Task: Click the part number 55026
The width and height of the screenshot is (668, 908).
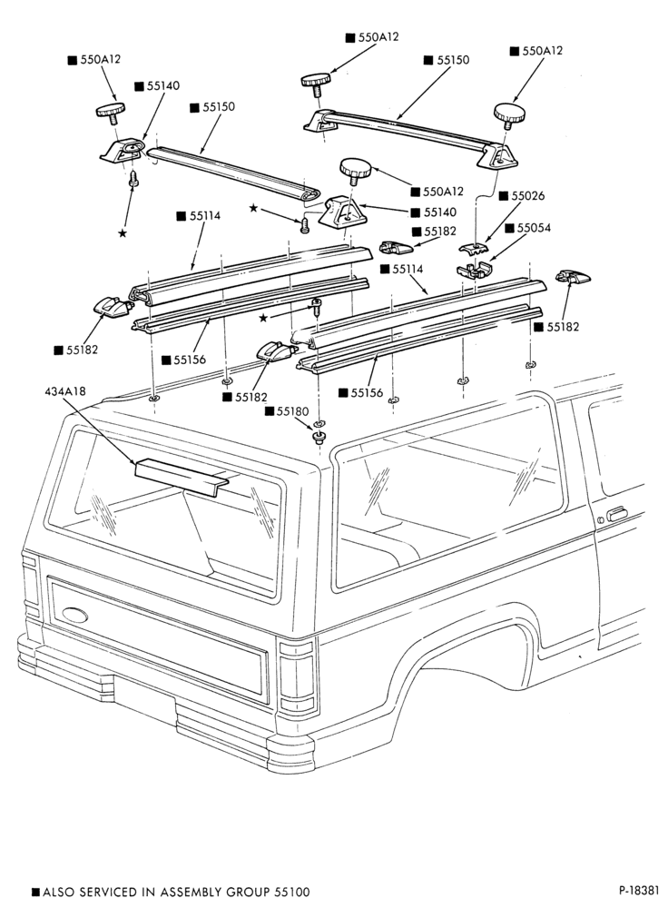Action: pyautogui.click(x=527, y=196)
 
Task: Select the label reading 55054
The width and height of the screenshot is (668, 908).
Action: pyautogui.click(x=534, y=228)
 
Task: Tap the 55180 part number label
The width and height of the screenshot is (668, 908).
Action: pyautogui.click(x=292, y=411)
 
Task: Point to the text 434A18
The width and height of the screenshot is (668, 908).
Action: pyautogui.click(x=64, y=391)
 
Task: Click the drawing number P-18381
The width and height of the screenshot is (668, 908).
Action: pyautogui.click(x=638, y=890)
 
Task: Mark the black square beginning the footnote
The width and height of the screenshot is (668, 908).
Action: pyautogui.click(x=35, y=892)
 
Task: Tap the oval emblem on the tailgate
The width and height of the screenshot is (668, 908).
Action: pyautogui.click(x=74, y=615)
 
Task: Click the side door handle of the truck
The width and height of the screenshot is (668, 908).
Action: pyautogui.click(x=616, y=514)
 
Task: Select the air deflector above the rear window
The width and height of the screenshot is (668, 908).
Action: pyautogui.click(x=182, y=476)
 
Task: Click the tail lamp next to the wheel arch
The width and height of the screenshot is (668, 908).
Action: pyautogui.click(x=297, y=677)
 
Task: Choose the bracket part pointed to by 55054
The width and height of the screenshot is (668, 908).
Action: pyautogui.click(x=474, y=269)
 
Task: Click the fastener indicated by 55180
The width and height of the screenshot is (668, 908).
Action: pyautogui.click(x=318, y=438)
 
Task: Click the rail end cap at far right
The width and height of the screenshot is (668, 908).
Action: pyautogui.click(x=573, y=277)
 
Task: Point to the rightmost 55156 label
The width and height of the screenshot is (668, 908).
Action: pyautogui.click(x=367, y=392)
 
